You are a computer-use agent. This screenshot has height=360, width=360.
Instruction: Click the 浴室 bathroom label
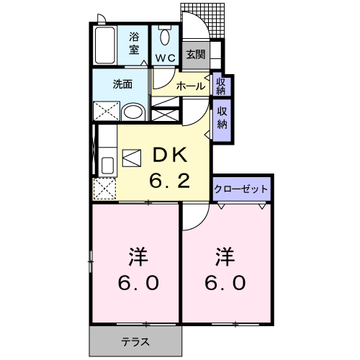(x=135, y=42)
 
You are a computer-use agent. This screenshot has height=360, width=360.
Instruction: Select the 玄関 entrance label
(x=194, y=54)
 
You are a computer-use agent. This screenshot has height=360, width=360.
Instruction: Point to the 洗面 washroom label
(x=122, y=84)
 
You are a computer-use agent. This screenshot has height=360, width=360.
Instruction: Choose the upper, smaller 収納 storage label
(x=221, y=85)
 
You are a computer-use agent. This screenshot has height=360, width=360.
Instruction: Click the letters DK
(x=169, y=154)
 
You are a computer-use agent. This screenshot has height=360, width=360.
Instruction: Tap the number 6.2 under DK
(x=170, y=180)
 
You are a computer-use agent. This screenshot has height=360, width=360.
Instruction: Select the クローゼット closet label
(x=242, y=189)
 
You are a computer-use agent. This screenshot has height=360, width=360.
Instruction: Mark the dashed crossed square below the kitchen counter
(x=105, y=189)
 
